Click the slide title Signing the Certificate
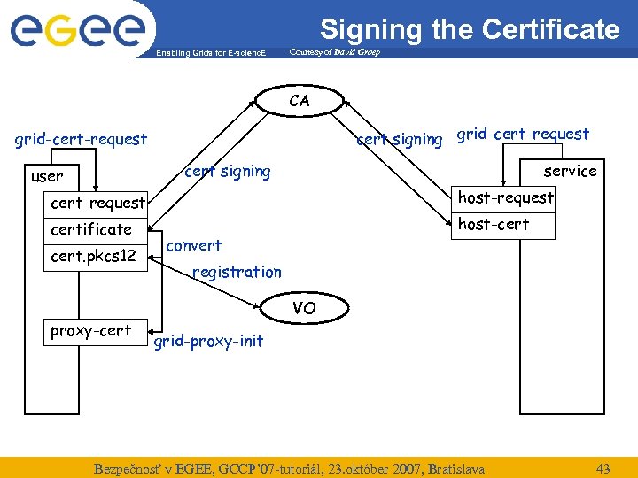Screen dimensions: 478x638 pyautogui.click(x=469, y=29)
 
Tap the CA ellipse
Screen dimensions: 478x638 pyautogui.click(x=300, y=101)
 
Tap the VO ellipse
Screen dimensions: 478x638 pyautogui.click(x=303, y=308)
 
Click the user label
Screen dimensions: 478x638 pyautogui.click(x=47, y=176)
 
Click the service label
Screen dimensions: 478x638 pyautogui.click(x=570, y=171)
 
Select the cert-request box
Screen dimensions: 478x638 pyautogui.click(x=97, y=203)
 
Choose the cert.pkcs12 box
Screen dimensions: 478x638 pyautogui.click(x=93, y=257)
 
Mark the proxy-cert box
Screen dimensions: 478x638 pyautogui.click(x=90, y=331)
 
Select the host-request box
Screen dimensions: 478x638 pyautogui.click(x=505, y=197)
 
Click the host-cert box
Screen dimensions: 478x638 pyautogui.click(x=494, y=224)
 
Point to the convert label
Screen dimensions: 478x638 pyautogui.click(x=194, y=245)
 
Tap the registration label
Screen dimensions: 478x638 pyautogui.click(x=237, y=272)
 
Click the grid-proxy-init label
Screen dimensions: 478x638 pyautogui.click(x=208, y=341)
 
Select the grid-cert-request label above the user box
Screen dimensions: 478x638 pyautogui.click(x=81, y=139)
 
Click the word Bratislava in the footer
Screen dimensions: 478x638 pyautogui.click(x=455, y=467)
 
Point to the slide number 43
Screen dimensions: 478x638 pyautogui.click(x=603, y=467)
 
